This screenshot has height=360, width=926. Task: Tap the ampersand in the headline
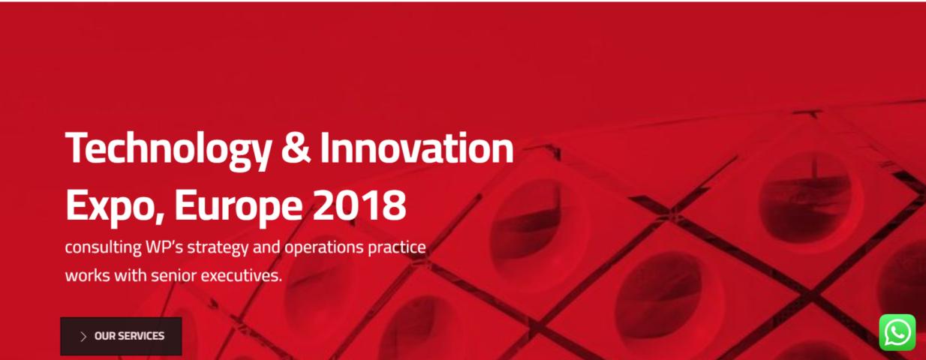click(x=296, y=148)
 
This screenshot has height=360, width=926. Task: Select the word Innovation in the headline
click(x=416, y=147)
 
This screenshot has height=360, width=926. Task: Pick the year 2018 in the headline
click(x=359, y=205)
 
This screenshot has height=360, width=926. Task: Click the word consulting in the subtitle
click(x=104, y=248)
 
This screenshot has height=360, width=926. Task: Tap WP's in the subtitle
click(x=164, y=247)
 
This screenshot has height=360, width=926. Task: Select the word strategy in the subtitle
click(x=218, y=248)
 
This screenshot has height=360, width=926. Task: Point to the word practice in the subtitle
click(x=397, y=248)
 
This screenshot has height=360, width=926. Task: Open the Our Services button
click(x=121, y=336)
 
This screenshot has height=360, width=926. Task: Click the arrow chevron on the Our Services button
click(x=83, y=337)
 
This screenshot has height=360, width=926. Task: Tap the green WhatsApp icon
click(x=897, y=332)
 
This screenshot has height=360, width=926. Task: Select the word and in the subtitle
click(x=266, y=247)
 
